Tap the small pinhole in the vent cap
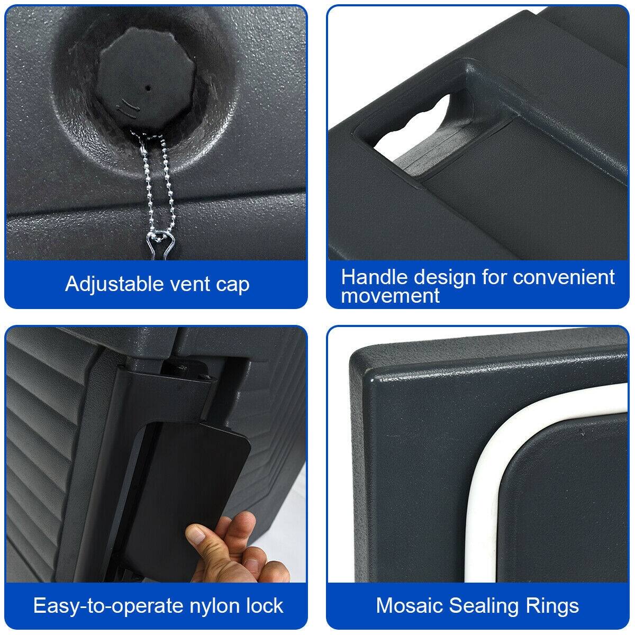click(x=149, y=88)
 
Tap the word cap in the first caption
click(x=232, y=285)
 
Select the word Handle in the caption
click(x=374, y=277)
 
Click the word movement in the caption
click(x=390, y=295)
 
